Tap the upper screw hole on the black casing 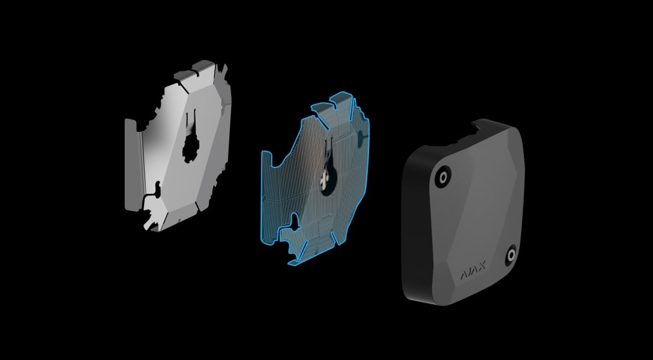coord(442,177)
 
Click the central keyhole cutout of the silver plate coord(191,146)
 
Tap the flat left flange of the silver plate coord(133,165)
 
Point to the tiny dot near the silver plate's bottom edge coord(179,220)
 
